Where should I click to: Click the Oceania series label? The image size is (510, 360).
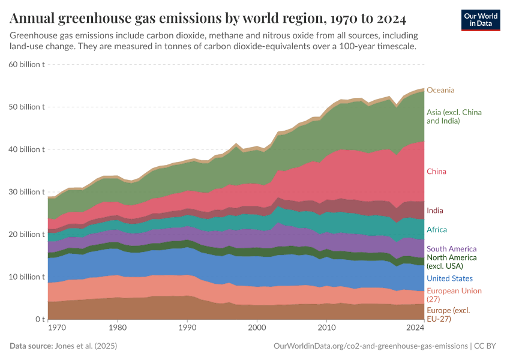[440, 90]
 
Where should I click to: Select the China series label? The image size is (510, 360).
[436, 172]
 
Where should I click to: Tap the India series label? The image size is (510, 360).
[435, 211]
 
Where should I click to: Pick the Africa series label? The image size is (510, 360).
[436, 230]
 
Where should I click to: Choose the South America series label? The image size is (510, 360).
[451, 249]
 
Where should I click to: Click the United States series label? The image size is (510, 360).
[449, 278]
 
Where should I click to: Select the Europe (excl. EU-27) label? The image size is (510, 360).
[448, 314]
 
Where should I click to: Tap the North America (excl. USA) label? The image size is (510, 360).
[451, 262]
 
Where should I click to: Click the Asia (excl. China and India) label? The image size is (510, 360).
[454, 116]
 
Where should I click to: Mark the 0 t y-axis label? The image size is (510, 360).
[39, 320]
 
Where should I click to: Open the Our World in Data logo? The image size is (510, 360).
[481, 20]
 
